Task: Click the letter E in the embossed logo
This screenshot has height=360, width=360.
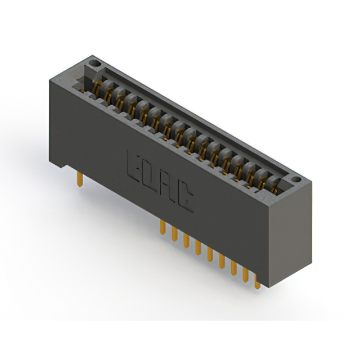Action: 133,166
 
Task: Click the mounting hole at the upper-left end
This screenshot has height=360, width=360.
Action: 94,63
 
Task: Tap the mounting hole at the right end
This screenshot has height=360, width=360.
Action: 296,179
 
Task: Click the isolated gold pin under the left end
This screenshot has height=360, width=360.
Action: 80,179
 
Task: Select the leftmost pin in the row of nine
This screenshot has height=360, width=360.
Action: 163,227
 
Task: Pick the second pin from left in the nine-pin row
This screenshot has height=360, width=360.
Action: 174,233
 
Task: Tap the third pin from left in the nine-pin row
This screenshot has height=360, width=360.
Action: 186,240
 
